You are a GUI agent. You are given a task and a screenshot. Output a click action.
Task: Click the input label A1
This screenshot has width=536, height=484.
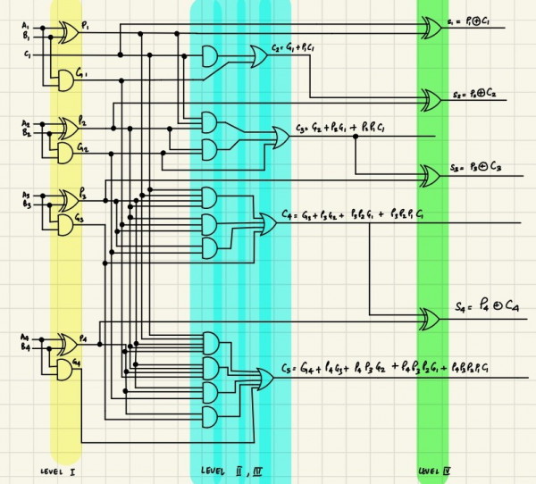[x=26, y=26]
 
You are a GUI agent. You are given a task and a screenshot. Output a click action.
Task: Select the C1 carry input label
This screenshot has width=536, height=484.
[x=27, y=55]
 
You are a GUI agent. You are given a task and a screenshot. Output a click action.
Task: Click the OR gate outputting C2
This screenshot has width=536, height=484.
[x=258, y=57]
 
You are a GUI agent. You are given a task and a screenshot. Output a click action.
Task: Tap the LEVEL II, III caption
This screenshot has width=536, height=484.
[x=229, y=471]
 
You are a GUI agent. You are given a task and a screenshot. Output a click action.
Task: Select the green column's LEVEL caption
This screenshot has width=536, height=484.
[x=434, y=471]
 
